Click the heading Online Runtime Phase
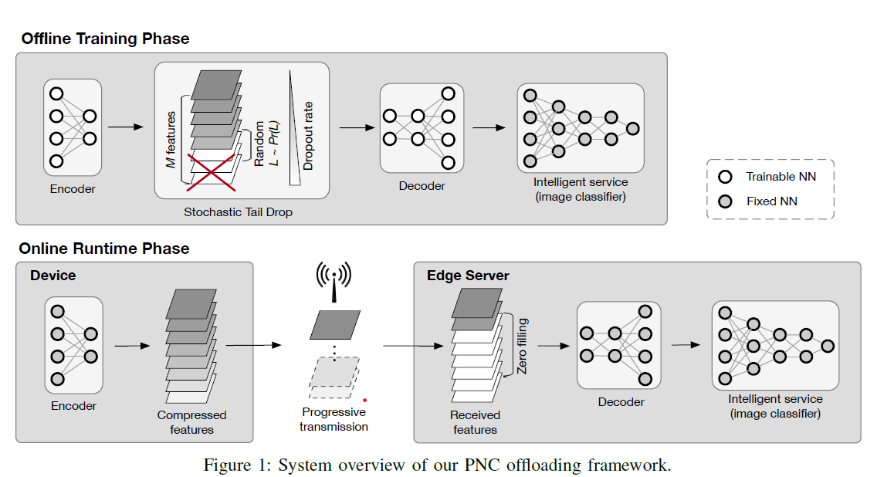[103, 249]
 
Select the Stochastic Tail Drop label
[238, 211]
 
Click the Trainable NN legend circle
[726, 177]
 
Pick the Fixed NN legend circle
[726, 201]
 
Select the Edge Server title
[468, 276]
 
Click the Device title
[53, 276]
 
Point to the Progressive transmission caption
[334, 419]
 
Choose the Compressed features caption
[191, 422]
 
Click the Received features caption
[476, 422]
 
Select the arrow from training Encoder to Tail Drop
[125, 127]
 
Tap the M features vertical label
[171, 139]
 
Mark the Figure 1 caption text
[437, 465]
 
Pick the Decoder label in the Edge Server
[621, 401]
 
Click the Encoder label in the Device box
[73, 406]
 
